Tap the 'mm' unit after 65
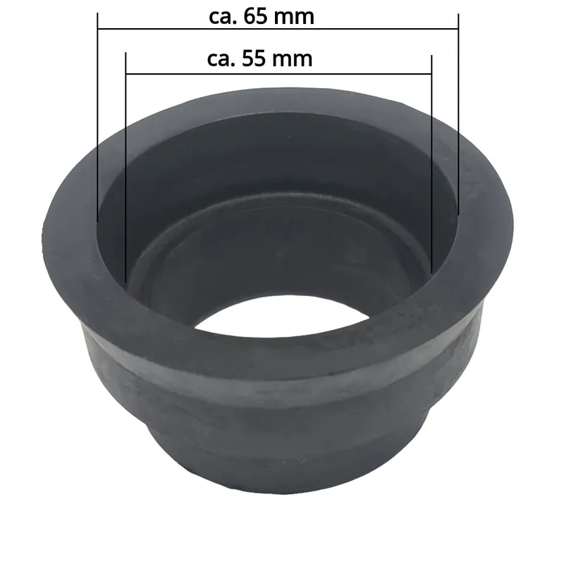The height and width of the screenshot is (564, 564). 295,18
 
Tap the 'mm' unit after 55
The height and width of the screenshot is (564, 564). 293,60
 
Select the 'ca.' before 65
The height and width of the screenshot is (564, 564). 223,18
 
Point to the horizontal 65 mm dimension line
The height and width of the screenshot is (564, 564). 278,28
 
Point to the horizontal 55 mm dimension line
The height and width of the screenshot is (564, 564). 278,74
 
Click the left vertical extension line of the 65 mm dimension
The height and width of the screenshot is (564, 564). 97,118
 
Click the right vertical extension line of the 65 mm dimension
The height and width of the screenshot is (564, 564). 459,114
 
